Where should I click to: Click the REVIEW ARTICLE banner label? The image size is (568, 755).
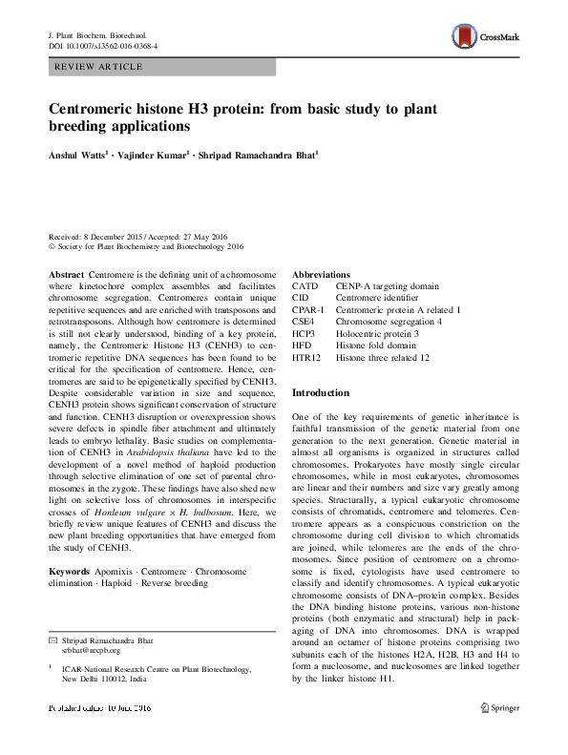pyautogui.click(x=100, y=67)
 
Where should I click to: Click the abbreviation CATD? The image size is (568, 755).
pyautogui.click(x=305, y=285)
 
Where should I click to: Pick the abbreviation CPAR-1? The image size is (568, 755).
pyautogui.click(x=308, y=310)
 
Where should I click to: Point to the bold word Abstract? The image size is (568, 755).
pyautogui.click(x=66, y=275)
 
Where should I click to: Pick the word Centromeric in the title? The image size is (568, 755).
pyautogui.click(x=95, y=109)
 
